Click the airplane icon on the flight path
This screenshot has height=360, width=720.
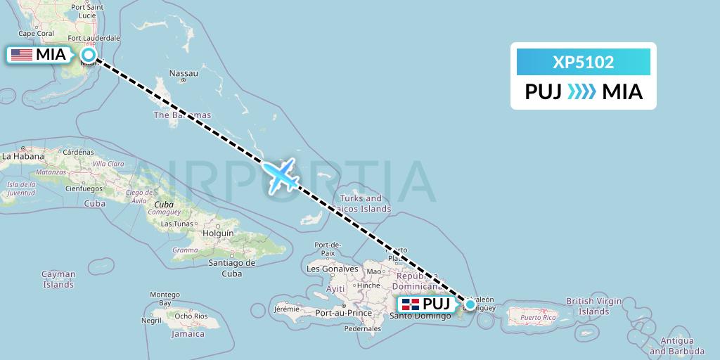pos(281,174)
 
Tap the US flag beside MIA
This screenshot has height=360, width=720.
pos(22,55)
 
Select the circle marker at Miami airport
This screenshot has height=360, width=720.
pos(89,54)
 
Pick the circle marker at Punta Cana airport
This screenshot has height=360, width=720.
pos(470,304)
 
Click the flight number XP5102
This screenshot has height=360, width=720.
pos(584,63)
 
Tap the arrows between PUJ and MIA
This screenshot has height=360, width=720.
pos(581,92)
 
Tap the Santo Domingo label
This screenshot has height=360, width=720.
pos(420,315)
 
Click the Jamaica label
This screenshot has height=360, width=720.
pos(188,334)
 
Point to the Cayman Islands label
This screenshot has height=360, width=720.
pos(58,279)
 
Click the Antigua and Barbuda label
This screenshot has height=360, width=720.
pos(677,346)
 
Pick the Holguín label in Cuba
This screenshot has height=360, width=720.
pos(217,233)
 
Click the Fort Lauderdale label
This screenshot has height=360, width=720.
pos(94,38)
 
